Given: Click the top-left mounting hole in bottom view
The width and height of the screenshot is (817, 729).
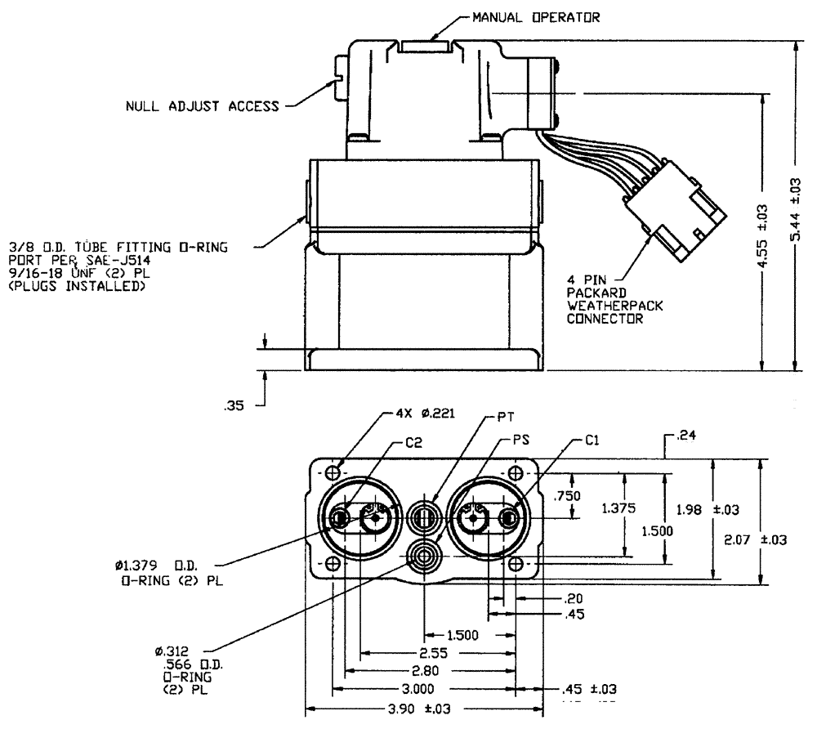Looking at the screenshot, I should [333, 473].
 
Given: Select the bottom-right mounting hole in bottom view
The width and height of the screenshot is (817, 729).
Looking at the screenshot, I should [516, 565].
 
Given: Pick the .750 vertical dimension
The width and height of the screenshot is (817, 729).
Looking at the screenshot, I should [564, 495].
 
